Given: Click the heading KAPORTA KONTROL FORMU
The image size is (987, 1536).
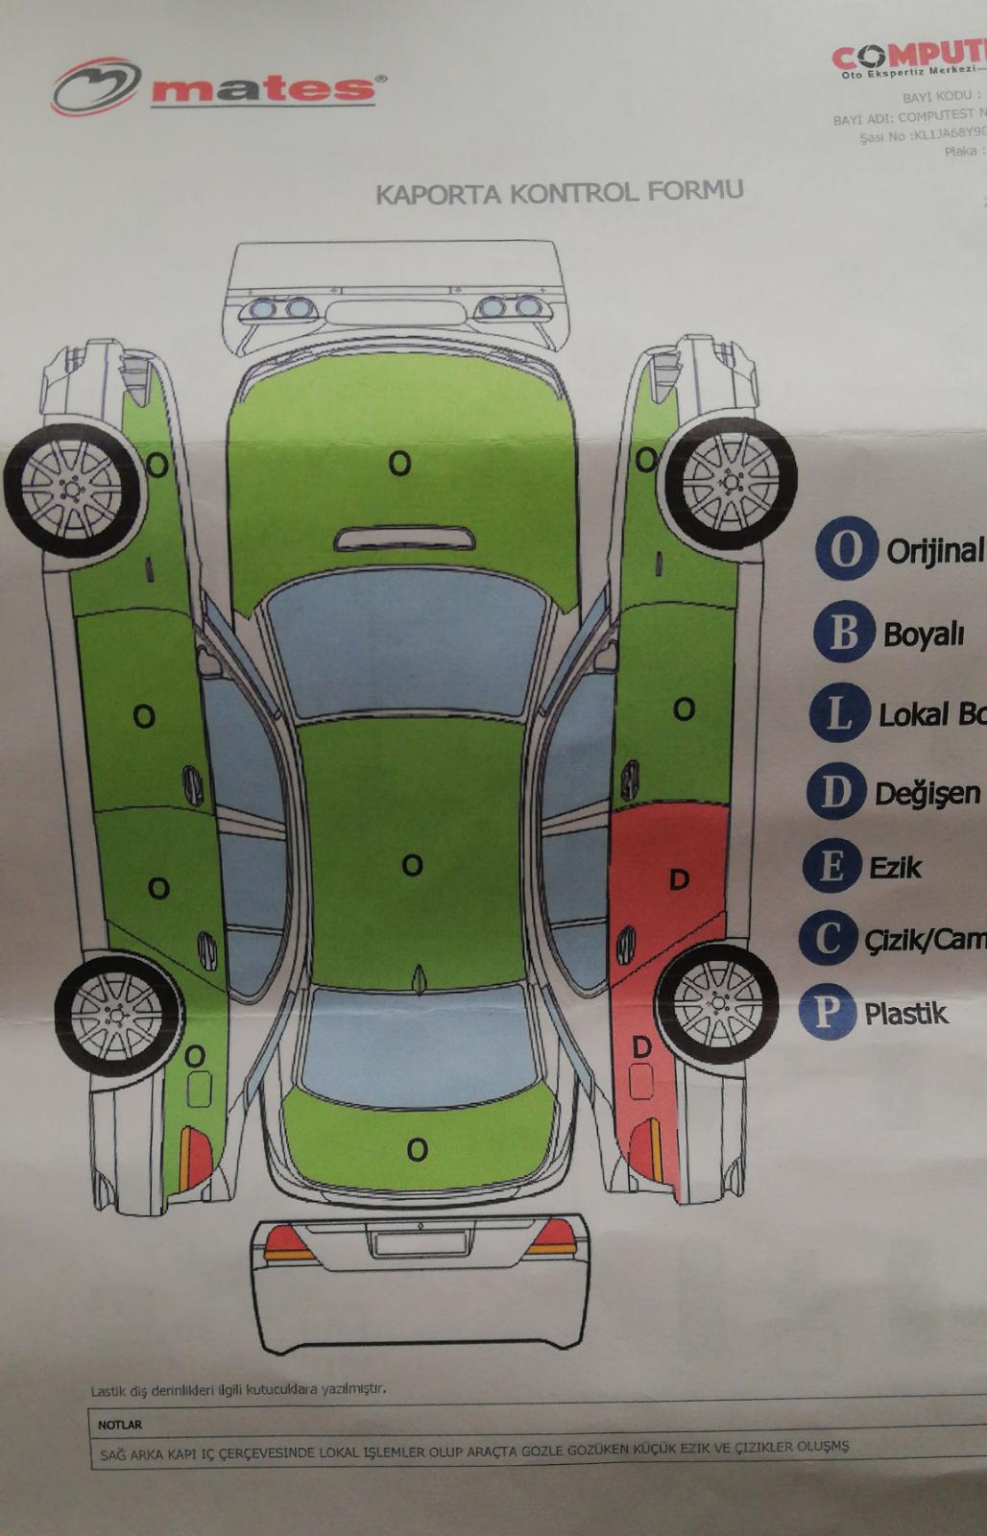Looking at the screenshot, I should pos(559,192).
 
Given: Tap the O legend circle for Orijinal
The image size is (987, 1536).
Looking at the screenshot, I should pos(846,548).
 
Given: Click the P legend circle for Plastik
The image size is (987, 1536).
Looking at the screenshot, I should pos(826,1012).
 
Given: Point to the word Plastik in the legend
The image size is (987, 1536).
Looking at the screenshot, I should pos(905,1014).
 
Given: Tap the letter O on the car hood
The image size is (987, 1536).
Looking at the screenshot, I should pos(399,464).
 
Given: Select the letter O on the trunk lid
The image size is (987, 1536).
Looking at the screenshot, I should pos(417,1149).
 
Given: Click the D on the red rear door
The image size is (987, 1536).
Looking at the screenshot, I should pos(679,879).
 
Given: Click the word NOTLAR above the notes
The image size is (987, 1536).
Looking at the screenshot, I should pos(119,1425).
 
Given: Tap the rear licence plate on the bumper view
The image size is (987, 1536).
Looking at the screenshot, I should pos(420,1243).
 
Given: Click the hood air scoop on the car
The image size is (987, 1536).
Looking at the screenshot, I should pos(404,539).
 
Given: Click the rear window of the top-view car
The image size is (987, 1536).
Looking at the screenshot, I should pos(415,1046).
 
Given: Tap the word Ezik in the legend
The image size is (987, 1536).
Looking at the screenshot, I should pos(895,868).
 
